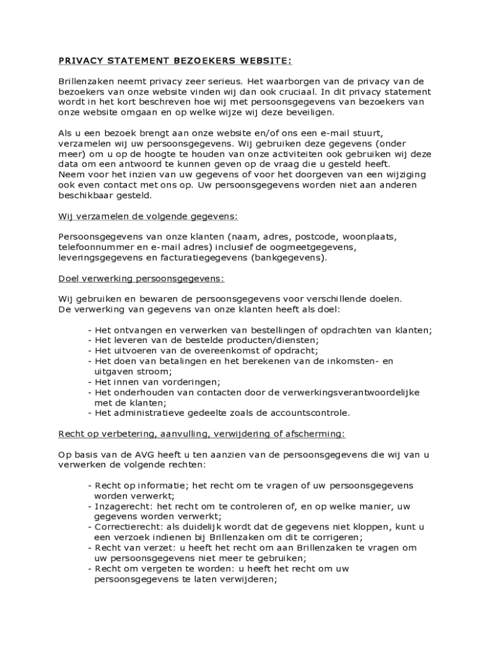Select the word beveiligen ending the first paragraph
(x=304, y=112)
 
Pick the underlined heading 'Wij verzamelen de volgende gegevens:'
(x=148, y=216)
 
